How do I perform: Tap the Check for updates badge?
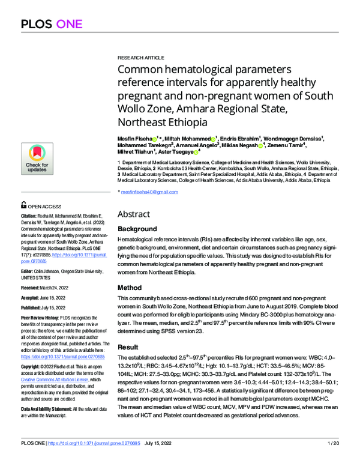(37, 159)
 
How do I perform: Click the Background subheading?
(137, 229)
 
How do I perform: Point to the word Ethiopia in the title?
(178, 122)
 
